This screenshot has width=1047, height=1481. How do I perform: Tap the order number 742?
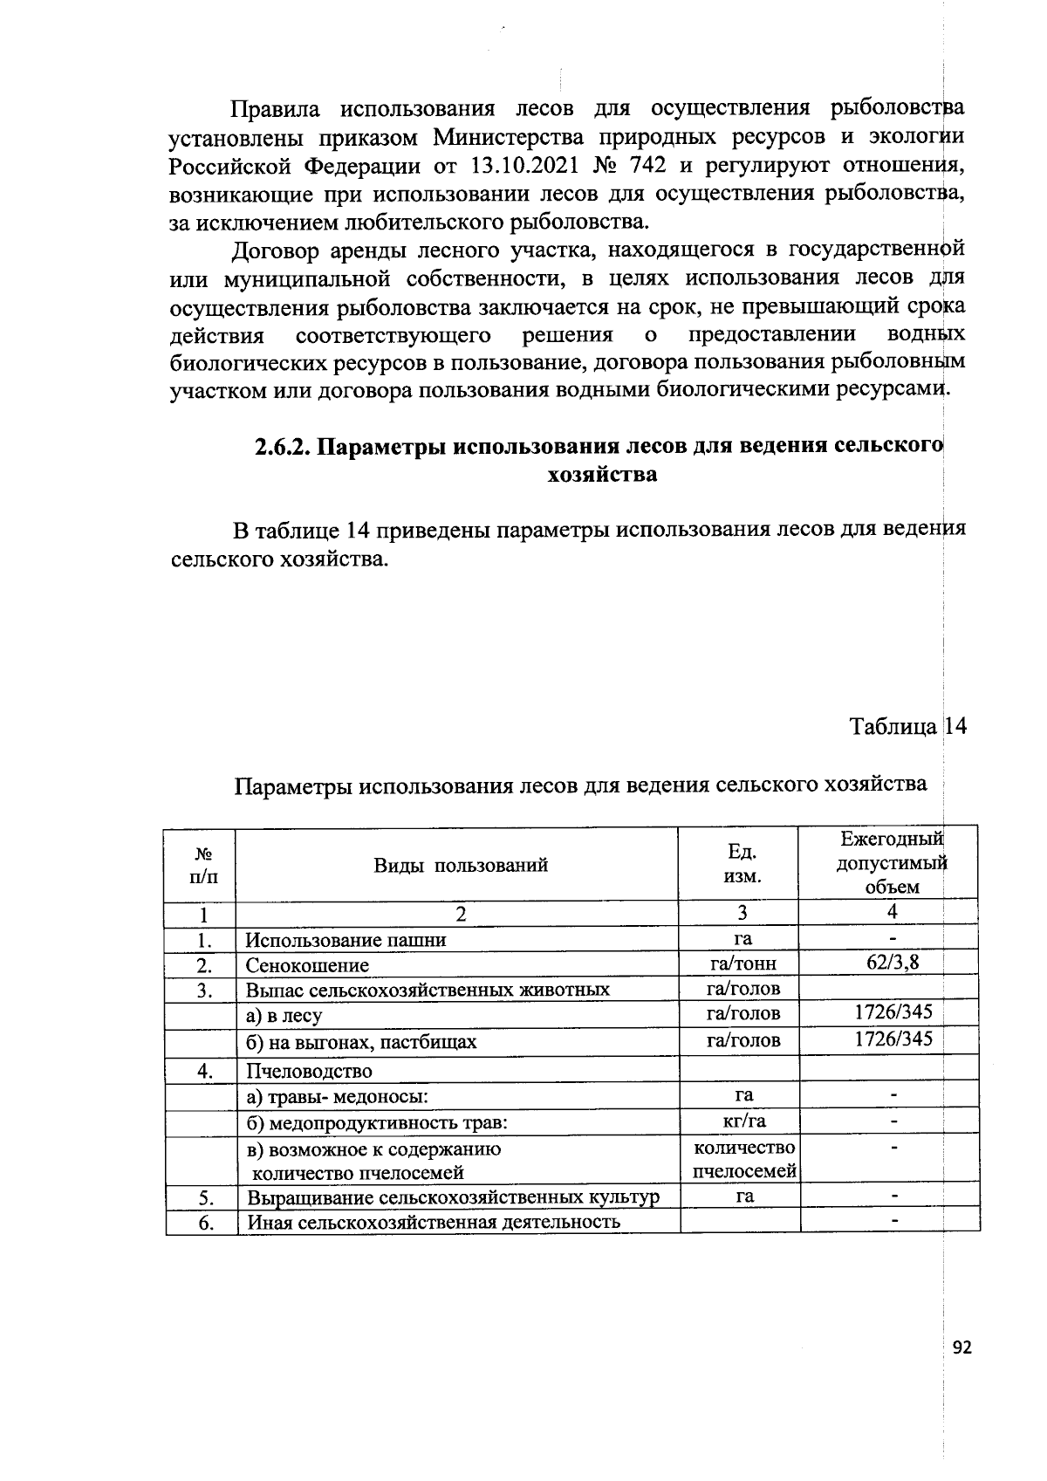643,166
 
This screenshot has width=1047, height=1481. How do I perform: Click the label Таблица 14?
908,726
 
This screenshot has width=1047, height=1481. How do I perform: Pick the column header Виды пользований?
461,865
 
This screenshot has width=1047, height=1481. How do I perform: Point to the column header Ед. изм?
742,864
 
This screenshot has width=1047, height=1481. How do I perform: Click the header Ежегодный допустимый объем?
891,863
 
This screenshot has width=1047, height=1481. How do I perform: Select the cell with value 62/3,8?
893,963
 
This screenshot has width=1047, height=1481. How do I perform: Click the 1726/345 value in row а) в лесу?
893,1011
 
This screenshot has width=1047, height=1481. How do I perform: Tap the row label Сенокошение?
307,965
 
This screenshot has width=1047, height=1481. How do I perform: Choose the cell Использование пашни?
346,940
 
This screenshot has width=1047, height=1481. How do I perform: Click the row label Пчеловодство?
309,1071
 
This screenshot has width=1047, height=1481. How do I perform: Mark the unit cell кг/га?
743,1121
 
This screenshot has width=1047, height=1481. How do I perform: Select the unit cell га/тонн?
743,963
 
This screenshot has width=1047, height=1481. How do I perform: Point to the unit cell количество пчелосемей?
743,1159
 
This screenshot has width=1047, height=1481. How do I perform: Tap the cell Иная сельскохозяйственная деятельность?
434,1222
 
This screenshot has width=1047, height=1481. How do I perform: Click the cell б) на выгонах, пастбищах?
361,1042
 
